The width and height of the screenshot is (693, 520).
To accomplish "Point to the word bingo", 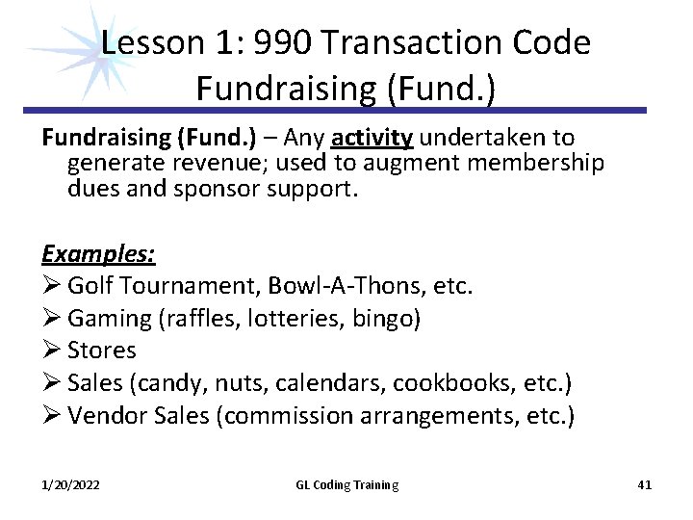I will tap(385, 319).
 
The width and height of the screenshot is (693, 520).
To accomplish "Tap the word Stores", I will tap(102, 351).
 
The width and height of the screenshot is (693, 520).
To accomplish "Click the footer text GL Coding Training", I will tap(346, 485).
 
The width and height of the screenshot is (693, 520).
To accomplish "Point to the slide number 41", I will tap(644, 485).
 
